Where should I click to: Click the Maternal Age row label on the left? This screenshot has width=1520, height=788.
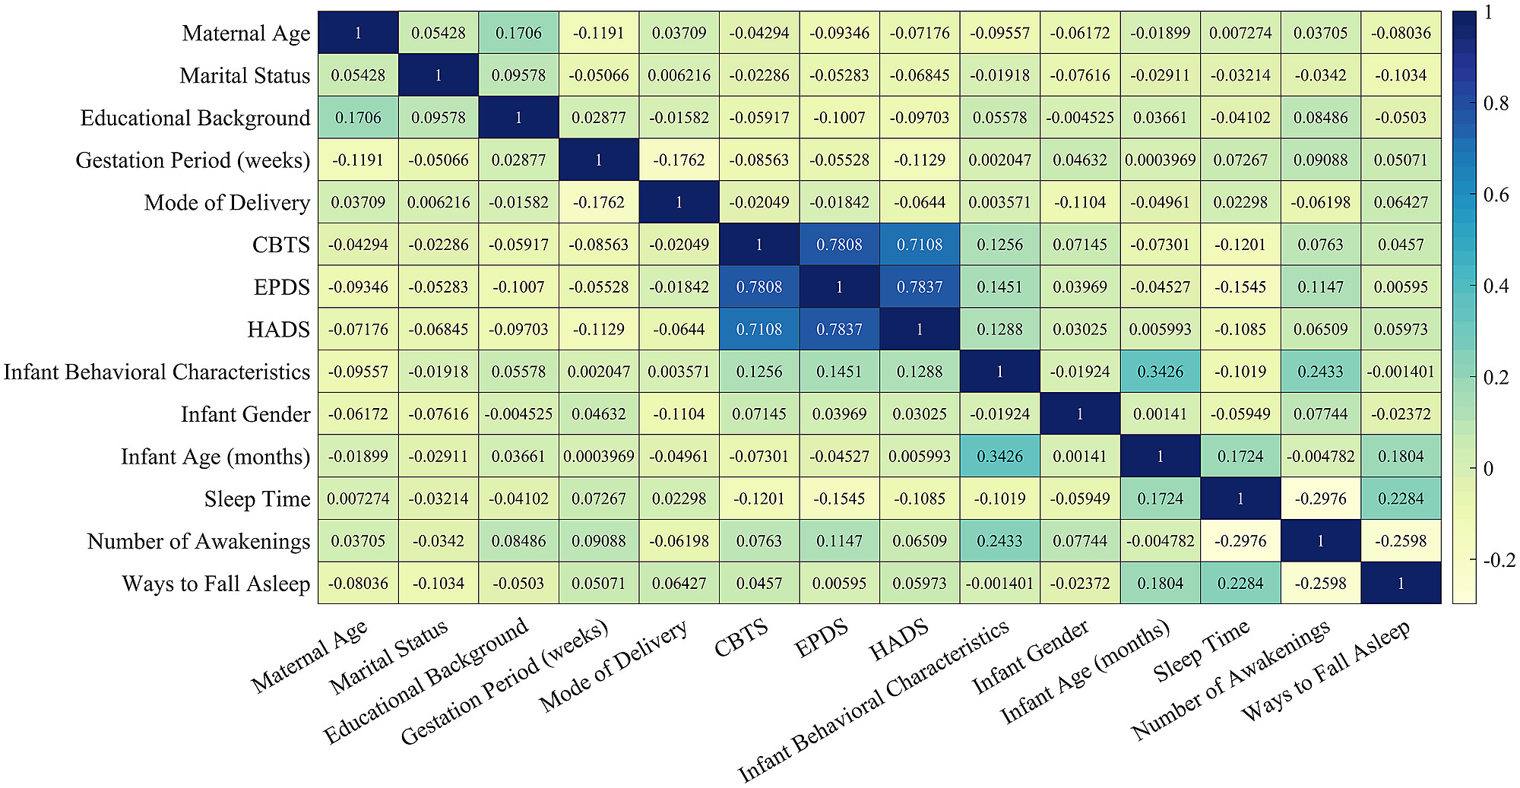(x=245, y=33)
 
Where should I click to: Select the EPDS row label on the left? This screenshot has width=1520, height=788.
(x=281, y=287)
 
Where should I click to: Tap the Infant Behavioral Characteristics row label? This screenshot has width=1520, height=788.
(x=157, y=372)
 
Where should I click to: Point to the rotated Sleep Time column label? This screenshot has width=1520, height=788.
(x=1201, y=650)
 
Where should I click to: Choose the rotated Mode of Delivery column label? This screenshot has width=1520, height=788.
(x=613, y=666)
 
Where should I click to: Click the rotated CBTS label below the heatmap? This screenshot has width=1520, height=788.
(x=741, y=638)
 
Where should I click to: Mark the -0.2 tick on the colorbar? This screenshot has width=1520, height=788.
(x=1499, y=561)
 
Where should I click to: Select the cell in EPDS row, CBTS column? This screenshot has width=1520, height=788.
(x=759, y=287)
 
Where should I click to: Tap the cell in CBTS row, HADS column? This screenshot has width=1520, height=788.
(x=920, y=245)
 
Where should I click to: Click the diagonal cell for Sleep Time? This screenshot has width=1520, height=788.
(x=1240, y=499)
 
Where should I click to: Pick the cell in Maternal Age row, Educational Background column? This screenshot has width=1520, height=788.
(x=518, y=33)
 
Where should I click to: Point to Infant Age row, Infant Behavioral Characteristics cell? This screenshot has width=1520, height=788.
(x=999, y=457)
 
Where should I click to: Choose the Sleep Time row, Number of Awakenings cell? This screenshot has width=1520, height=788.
(x=1321, y=499)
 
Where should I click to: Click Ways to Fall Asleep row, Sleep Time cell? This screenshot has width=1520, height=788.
(x=1240, y=584)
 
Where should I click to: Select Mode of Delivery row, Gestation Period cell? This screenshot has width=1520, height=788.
(x=599, y=203)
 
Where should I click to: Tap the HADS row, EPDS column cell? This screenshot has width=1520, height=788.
(x=839, y=330)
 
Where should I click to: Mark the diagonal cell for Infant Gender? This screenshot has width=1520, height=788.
(x=1080, y=414)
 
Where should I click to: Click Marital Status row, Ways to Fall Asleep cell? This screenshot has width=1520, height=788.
(x=1401, y=75)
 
